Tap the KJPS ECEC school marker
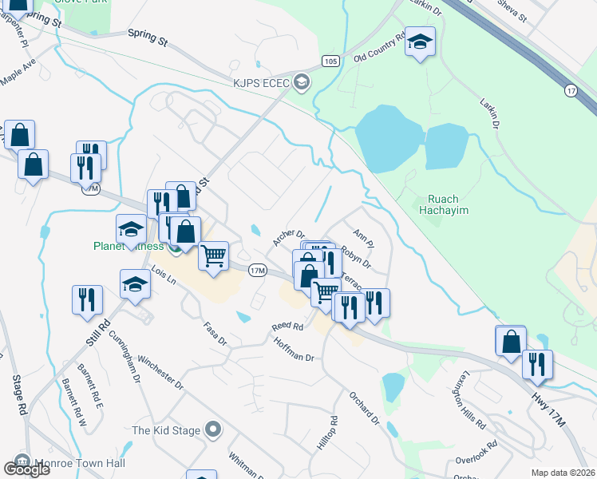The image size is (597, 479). click(x=302, y=81)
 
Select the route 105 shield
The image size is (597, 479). click(x=331, y=61)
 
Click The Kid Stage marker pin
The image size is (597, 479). click(x=212, y=430)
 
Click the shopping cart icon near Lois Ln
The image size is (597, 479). click(x=212, y=256)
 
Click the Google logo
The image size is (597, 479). click(x=26, y=469)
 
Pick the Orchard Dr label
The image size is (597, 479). click(x=362, y=406)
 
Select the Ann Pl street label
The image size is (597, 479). click(x=363, y=237)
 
